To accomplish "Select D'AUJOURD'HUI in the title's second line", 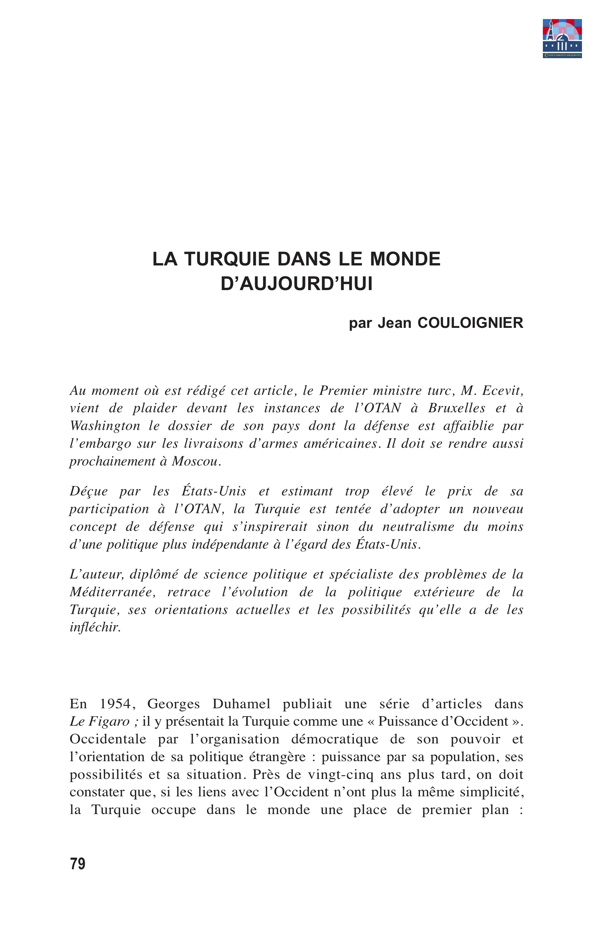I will click(x=297, y=284).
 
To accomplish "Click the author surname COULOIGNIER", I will click(x=470, y=323).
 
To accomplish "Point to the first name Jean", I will click(x=394, y=323).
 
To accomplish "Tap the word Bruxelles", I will click(x=456, y=408).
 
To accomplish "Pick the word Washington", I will click(x=104, y=426).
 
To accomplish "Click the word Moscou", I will click(x=196, y=462).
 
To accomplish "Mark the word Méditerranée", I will click(x=112, y=592).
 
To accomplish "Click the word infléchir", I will click(x=95, y=627).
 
